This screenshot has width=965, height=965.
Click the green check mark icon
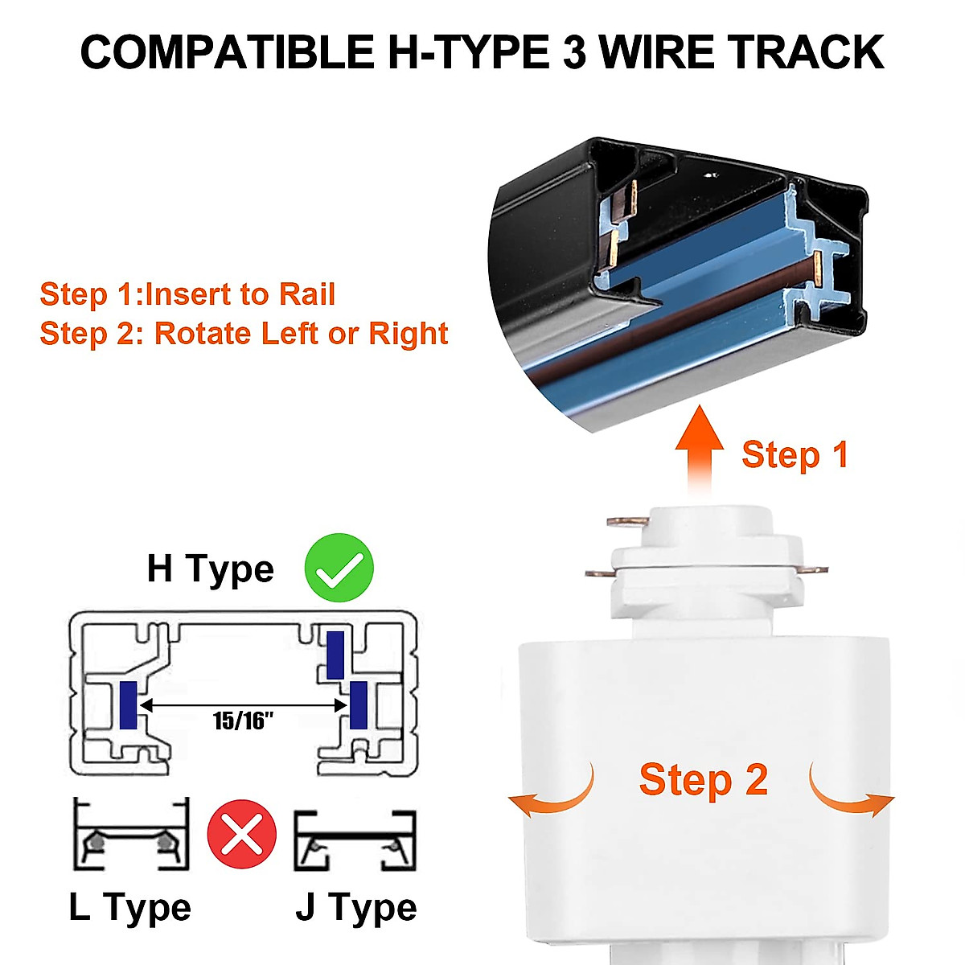point(339,567)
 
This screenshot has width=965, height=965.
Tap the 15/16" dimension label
point(243,720)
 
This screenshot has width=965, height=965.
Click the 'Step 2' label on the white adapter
point(703,780)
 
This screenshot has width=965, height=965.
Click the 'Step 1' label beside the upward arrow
point(795,455)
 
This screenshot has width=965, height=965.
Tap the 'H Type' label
point(210,569)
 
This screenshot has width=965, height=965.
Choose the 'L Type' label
point(129,908)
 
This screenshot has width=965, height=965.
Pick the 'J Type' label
point(356,908)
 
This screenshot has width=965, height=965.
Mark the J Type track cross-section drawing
point(354,840)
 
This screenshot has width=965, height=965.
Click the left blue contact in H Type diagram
point(128,704)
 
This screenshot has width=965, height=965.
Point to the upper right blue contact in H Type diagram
point(335,655)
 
